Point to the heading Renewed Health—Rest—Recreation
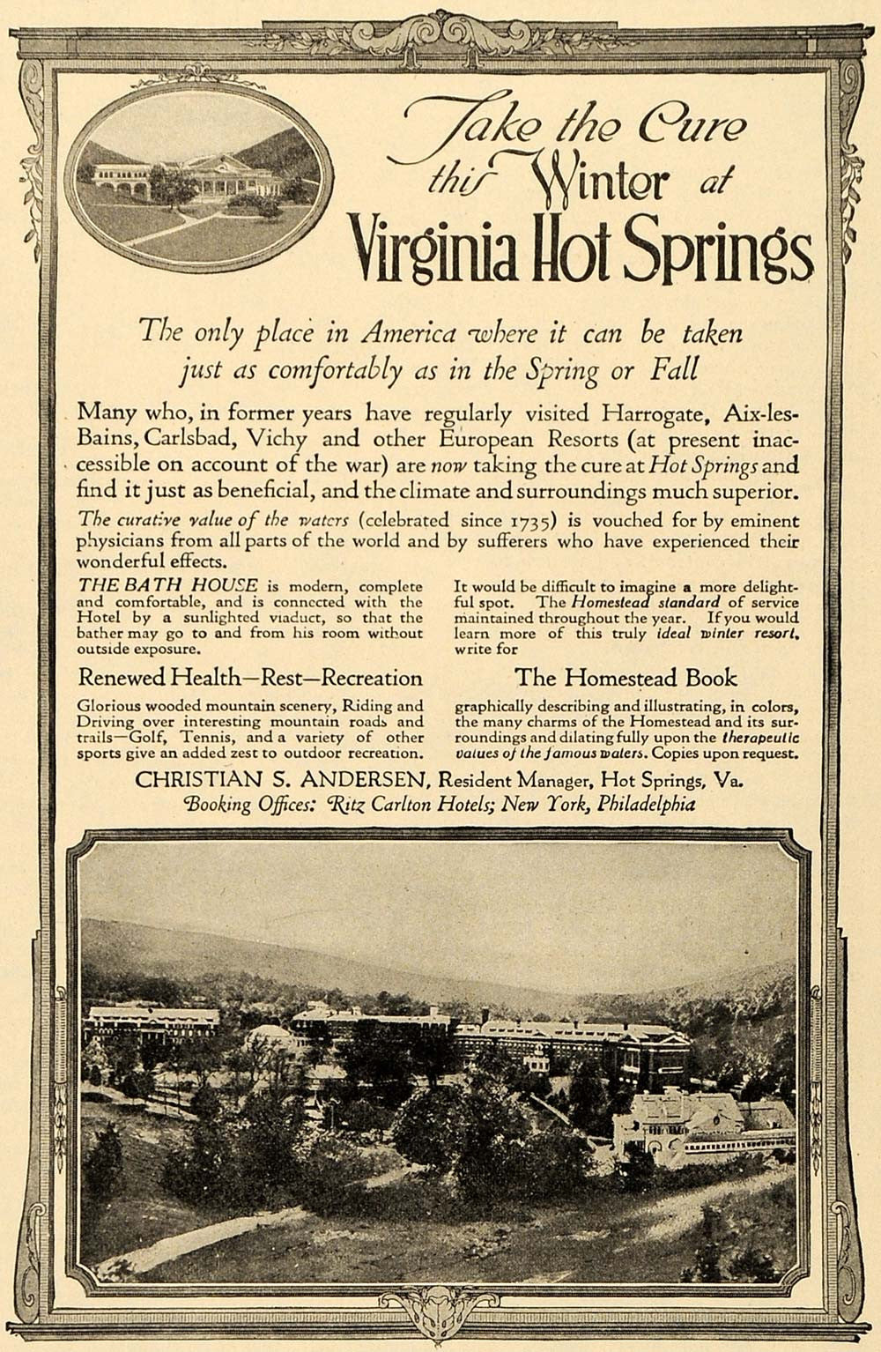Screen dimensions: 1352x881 250,678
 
